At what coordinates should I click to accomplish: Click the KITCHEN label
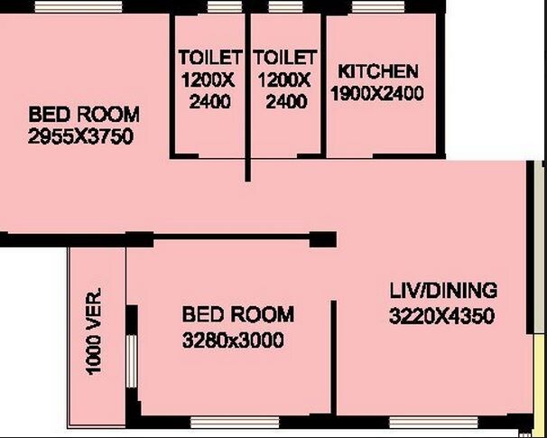coord(377,71)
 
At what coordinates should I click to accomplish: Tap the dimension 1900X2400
coord(377,92)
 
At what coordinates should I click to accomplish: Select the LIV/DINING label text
coord(443,292)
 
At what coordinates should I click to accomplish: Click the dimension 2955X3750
coord(81,136)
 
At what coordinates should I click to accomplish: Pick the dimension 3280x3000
coord(234,340)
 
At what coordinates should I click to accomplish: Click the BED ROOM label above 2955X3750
coord(84,115)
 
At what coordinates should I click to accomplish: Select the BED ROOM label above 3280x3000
coord(238,315)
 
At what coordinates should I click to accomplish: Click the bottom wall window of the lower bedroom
coord(235,422)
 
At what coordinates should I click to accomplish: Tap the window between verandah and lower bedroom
coord(132,360)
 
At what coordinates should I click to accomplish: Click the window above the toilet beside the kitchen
coord(286,7)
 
